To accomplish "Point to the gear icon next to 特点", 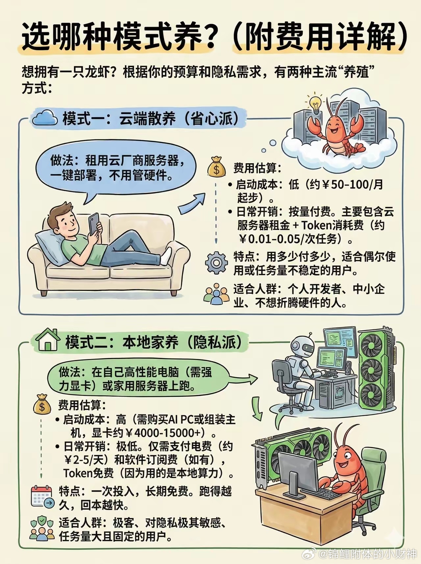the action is [x=216, y=263].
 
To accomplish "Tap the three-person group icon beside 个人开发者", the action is [x=216, y=294].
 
